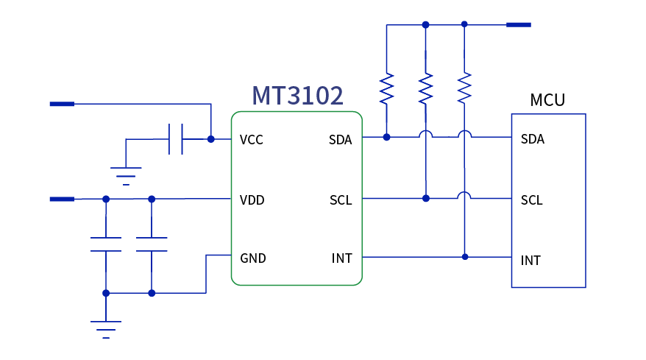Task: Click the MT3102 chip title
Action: [297, 96]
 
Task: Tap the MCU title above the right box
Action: [547, 100]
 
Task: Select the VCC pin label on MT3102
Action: [252, 140]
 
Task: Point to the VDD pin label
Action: [252, 200]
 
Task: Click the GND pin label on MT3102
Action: [253, 258]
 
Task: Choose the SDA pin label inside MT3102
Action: [340, 140]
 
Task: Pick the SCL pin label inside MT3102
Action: [341, 200]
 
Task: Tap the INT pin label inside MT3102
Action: [341, 258]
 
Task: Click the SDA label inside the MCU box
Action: [533, 139]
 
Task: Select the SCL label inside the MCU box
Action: [532, 200]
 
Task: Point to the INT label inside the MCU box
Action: [531, 261]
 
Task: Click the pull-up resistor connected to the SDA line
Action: [387, 88]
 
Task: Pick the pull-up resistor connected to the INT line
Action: [464, 88]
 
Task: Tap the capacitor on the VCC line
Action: [176, 139]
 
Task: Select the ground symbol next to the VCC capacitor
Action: [126, 175]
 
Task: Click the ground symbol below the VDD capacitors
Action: [106, 328]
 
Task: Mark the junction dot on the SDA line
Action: [387, 137]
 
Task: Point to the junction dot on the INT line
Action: [464, 257]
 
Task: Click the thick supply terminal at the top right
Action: [518, 24]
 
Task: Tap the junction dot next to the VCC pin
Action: [211, 138]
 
